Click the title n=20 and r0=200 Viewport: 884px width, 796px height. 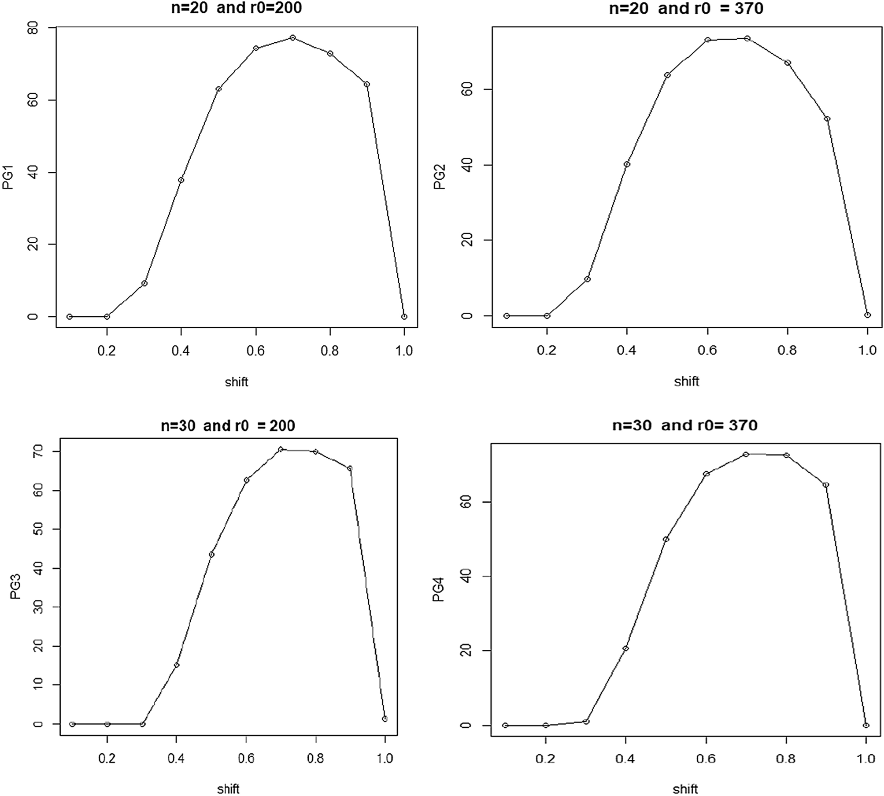point(237,8)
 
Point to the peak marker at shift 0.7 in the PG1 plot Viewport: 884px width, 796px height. point(292,38)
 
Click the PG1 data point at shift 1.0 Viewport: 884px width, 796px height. point(404,317)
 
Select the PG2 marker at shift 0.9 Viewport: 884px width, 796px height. point(827,119)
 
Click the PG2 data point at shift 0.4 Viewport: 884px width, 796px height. point(627,164)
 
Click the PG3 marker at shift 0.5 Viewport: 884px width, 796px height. point(211,555)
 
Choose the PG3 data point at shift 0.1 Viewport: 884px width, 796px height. point(73,724)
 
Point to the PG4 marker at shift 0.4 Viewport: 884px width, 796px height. point(625,648)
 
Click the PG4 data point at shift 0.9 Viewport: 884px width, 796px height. point(826,485)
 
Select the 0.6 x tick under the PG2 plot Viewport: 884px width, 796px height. point(707,351)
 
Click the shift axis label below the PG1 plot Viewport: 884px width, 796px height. point(237,382)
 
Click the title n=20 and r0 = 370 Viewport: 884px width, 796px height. point(686,8)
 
